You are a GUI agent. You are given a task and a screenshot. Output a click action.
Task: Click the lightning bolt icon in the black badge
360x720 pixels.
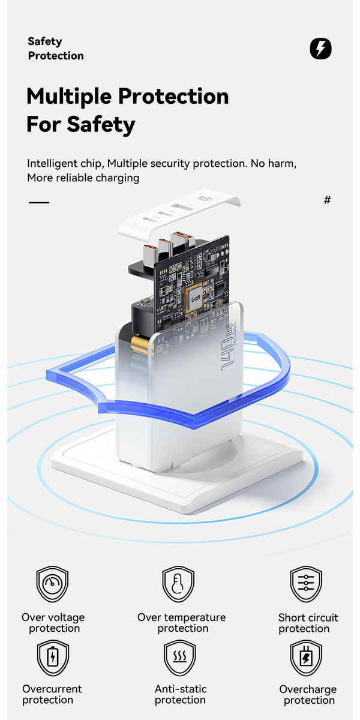(x=320, y=49)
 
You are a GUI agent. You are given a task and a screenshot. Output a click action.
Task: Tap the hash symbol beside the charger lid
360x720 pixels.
(x=327, y=200)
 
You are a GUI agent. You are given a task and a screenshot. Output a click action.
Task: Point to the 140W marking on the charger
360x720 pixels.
(x=227, y=347)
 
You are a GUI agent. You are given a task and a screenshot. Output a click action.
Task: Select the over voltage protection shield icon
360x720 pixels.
(x=52, y=584)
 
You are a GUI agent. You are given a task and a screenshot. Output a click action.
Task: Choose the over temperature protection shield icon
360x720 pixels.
(x=178, y=584)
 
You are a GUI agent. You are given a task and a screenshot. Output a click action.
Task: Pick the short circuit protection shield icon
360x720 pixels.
(x=306, y=584)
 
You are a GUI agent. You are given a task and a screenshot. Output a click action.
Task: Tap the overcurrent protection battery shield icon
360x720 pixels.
(x=53, y=658)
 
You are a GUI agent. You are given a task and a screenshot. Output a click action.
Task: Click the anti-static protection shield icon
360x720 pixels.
(x=179, y=658)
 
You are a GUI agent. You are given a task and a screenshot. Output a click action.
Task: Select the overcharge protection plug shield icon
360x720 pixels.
(x=306, y=658)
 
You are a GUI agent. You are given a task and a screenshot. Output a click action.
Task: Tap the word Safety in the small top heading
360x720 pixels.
(x=44, y=41)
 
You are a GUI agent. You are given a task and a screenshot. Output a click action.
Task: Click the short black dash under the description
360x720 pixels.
(x=39, y=202)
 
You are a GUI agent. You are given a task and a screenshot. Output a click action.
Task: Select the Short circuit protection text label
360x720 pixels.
(x=308, y=623)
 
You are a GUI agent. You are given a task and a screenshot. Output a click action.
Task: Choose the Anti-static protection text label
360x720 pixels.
(x=181, y=694)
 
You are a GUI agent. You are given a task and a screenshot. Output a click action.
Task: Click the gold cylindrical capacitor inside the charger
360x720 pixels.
(x=141, y=344)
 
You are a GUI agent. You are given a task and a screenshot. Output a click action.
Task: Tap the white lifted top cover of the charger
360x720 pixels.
(x=179, y=216)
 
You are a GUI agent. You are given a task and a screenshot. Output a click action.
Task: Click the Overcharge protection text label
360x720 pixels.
(x=308, y=695)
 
